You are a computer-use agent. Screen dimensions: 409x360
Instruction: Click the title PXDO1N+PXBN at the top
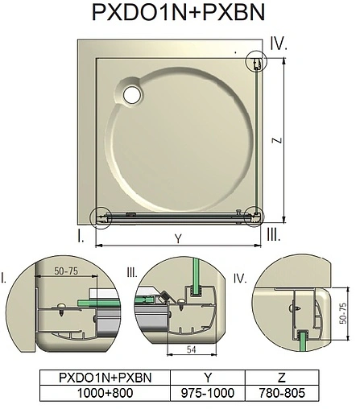[180, 14]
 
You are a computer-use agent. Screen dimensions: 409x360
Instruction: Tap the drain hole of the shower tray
[130, 94]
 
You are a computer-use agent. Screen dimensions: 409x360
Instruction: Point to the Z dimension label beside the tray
[277, 139]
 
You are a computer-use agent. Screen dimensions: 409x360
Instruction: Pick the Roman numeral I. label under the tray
[81, 235]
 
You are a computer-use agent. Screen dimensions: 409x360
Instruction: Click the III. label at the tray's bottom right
[273, 235]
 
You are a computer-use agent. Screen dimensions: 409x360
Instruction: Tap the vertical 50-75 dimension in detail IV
[342, 311]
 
